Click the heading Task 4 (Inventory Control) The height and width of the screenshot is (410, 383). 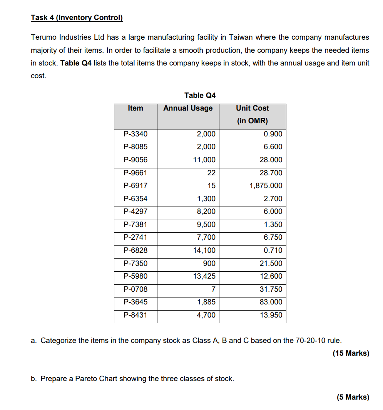pos(77,18)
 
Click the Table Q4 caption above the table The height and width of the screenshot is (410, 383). pos(200,95)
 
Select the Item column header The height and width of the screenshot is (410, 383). pos(135,108)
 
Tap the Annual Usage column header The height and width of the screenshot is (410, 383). pos(188,108)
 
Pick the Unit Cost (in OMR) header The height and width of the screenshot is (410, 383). pos(252,114)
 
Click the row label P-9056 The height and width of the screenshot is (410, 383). pos(135,160)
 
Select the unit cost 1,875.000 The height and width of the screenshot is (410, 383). pos(266,186)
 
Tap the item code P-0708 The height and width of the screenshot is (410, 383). pos(135,289)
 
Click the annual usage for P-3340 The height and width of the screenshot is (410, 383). pos(206,134)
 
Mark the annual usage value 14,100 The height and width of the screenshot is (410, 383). pos(204,250)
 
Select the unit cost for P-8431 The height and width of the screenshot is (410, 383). pos(271,315)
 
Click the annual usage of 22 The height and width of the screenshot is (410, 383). pos(211,173)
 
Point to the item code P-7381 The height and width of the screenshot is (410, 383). pos(135,225)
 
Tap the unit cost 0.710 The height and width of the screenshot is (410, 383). pos(273,250)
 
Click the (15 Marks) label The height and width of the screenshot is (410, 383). pos(351,353)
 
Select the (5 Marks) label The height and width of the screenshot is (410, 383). pos(353,397)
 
